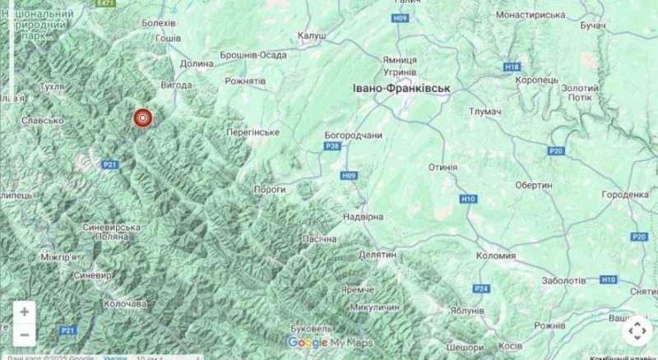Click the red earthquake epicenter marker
click(143, 119)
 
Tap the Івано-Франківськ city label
click(401, 88)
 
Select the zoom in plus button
click(25, 312)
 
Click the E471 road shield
click(105, 4)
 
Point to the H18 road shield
click(513, 67)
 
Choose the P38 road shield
click(332, 146)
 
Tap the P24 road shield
click(481, 288)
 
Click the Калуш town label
click(312, 35)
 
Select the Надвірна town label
click(363, 217)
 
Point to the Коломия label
click(496, 256)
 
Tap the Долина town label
click(197, 62)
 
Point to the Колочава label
click(125, 303)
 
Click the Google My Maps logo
click(330, 343)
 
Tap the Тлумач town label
click(484, 111)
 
